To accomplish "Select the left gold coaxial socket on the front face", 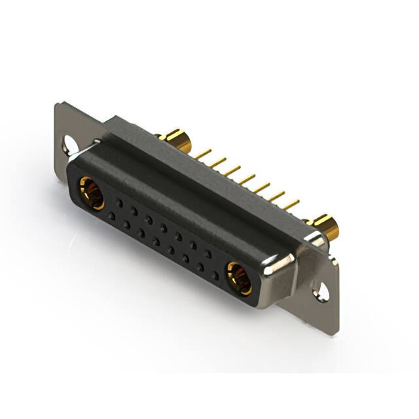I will pos(91,193).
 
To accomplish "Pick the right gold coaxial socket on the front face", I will pos(239,277).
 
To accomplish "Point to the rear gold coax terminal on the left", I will pos(175,139).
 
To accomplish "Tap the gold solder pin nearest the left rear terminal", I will pos(203,153).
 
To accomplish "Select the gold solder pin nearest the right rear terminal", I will pos(291,204).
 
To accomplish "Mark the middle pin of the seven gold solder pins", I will pos(246,178).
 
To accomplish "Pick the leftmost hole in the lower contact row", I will pos(112,215).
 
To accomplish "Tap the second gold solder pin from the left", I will pos(218,162).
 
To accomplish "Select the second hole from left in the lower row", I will pos(126,224).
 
